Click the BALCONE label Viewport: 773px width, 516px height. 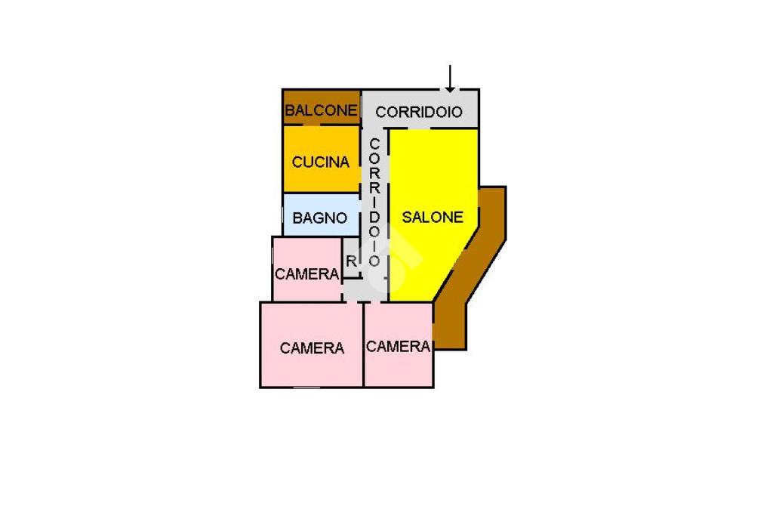point(321,110)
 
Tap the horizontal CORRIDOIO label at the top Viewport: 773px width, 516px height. point(419,112)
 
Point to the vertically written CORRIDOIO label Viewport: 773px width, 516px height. point(374,202)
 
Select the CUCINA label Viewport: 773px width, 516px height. point(321,162)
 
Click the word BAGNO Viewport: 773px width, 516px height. point(320,218)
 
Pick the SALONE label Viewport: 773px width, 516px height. point(432,217)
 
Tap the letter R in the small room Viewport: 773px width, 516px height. point(351,261)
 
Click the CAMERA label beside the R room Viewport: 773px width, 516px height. point(306,273)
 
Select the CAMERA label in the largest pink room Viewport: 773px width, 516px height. point(312,348)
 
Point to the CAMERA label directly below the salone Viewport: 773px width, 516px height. point(398,346)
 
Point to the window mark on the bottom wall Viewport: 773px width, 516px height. point(307,388)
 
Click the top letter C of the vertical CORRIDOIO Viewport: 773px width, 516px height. point(374,144)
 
